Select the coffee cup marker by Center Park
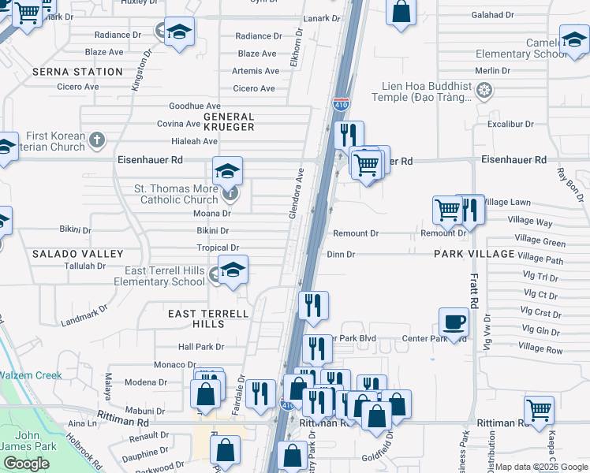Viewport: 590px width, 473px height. click(x=454, y=322)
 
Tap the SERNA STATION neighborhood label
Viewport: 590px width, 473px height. click(x=78, y=72)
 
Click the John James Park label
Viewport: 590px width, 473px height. click(x=27, y=441)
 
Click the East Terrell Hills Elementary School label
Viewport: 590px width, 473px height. click(x=159, y=276)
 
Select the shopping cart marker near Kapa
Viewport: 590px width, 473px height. click(x=539, y=409)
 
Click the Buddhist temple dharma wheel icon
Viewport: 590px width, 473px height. click(x=484, y=92)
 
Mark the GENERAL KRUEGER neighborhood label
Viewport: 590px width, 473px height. click(x=228, y=121)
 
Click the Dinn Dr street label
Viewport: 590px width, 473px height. click(x=341, y=255)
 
